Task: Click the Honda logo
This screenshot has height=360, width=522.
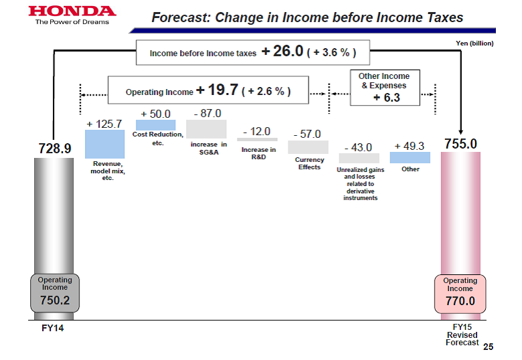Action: pyautogui.click(x=72, y=15)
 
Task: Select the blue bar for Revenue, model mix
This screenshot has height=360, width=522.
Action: pyautogui.click(x=105, y=144)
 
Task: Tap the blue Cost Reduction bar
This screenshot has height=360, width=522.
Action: pyautogui.click(x=155, y=125)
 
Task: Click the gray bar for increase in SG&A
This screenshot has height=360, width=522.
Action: pyautogui.click(x=206, y=129)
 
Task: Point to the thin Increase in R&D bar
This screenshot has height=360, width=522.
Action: pyautogui.click(x=257, y=140)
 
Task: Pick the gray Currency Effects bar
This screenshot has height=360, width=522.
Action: pyautogui.click(x=308, y=147)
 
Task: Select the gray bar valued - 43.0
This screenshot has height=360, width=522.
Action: pyautogui.click(x=359, y=158)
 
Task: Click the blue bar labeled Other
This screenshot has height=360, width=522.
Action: pyautogui.click(x=410, y=157)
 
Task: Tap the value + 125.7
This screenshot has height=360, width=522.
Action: pyautogui.click(x=104, y=124)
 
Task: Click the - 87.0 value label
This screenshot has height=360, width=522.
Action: pyautogui.click(x=207, y=114)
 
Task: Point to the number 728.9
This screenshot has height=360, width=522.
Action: pyautogui.click(x=55, y=149)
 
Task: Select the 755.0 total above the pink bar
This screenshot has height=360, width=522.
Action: pyautogui.click(x=460, y=144)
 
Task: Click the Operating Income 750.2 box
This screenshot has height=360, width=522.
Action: pyautogui.click(x=55, y=293)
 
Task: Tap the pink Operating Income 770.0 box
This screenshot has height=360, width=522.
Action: pyautogui.click(x=460, y=294)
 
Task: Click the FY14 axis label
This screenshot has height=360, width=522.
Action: pyautogui.click(x=53, y=328)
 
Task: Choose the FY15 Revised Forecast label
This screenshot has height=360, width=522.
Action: pyautogui.click(x=462, y=335)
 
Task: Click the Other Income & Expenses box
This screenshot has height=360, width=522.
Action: pyautogui.click(x=385, y=88)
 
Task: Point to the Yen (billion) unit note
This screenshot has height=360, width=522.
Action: pyautogui.click(x=474, y=43)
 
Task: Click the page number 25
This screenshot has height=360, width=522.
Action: pyautogui.click(x=489, y=347)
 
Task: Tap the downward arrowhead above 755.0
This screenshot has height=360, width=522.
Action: pyautogui.click(x=460, y=132)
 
